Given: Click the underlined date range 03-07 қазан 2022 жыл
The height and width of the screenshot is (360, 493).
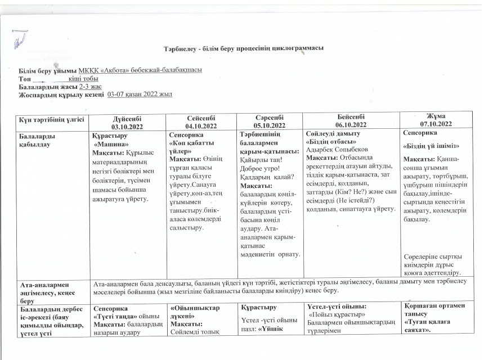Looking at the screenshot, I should pos(140,94).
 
